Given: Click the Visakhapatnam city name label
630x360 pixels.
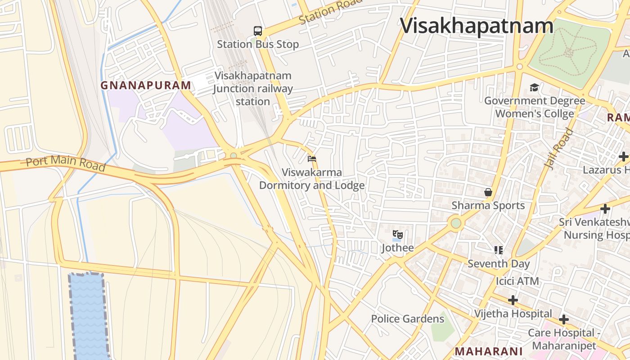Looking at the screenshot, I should [x=477, y=26].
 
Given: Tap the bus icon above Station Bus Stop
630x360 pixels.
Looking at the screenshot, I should [x=258, y=31].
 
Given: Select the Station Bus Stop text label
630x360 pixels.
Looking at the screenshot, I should [x=258, y=44].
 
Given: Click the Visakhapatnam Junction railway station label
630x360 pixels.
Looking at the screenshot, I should [x=253, y=89].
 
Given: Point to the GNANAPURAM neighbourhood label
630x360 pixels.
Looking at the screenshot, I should [x=146, y=85].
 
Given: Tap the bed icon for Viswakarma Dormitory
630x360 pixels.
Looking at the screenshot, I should [x=312, y=159].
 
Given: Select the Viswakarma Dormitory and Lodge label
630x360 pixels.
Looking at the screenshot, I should [x=312, y=179].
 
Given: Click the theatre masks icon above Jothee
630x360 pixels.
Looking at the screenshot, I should [x=397, y=234].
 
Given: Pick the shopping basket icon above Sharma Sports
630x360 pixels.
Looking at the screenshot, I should [x=488, y=192].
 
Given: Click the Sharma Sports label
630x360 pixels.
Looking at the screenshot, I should [x=488, y=206].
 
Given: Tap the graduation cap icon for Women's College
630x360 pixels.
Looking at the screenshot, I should [x=534, y=87].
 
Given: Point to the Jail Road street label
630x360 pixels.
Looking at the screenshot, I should [x=559, y=148].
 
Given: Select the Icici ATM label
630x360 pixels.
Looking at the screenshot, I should [x=517, y=281].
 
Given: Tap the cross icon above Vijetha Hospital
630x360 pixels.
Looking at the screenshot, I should [x=513, y=300].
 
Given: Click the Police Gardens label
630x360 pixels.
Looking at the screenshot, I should [x=407, y=319].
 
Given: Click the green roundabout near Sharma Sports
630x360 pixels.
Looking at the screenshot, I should [x=456, y=223].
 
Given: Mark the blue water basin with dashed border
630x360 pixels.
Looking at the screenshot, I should [x=88, y=315].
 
